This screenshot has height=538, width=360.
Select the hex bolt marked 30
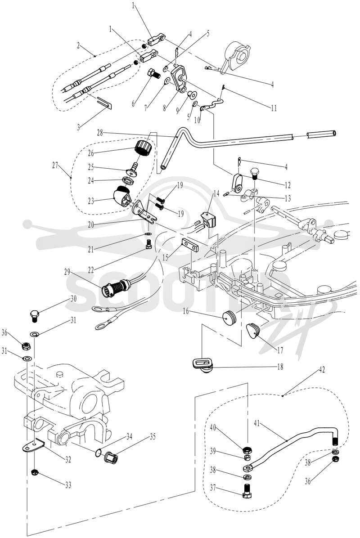(x=35, y=315)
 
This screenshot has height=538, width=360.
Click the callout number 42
(x=322, y=370)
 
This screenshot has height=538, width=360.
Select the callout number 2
(x=79, y=45)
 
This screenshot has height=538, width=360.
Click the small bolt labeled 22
(x=149, y=244)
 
